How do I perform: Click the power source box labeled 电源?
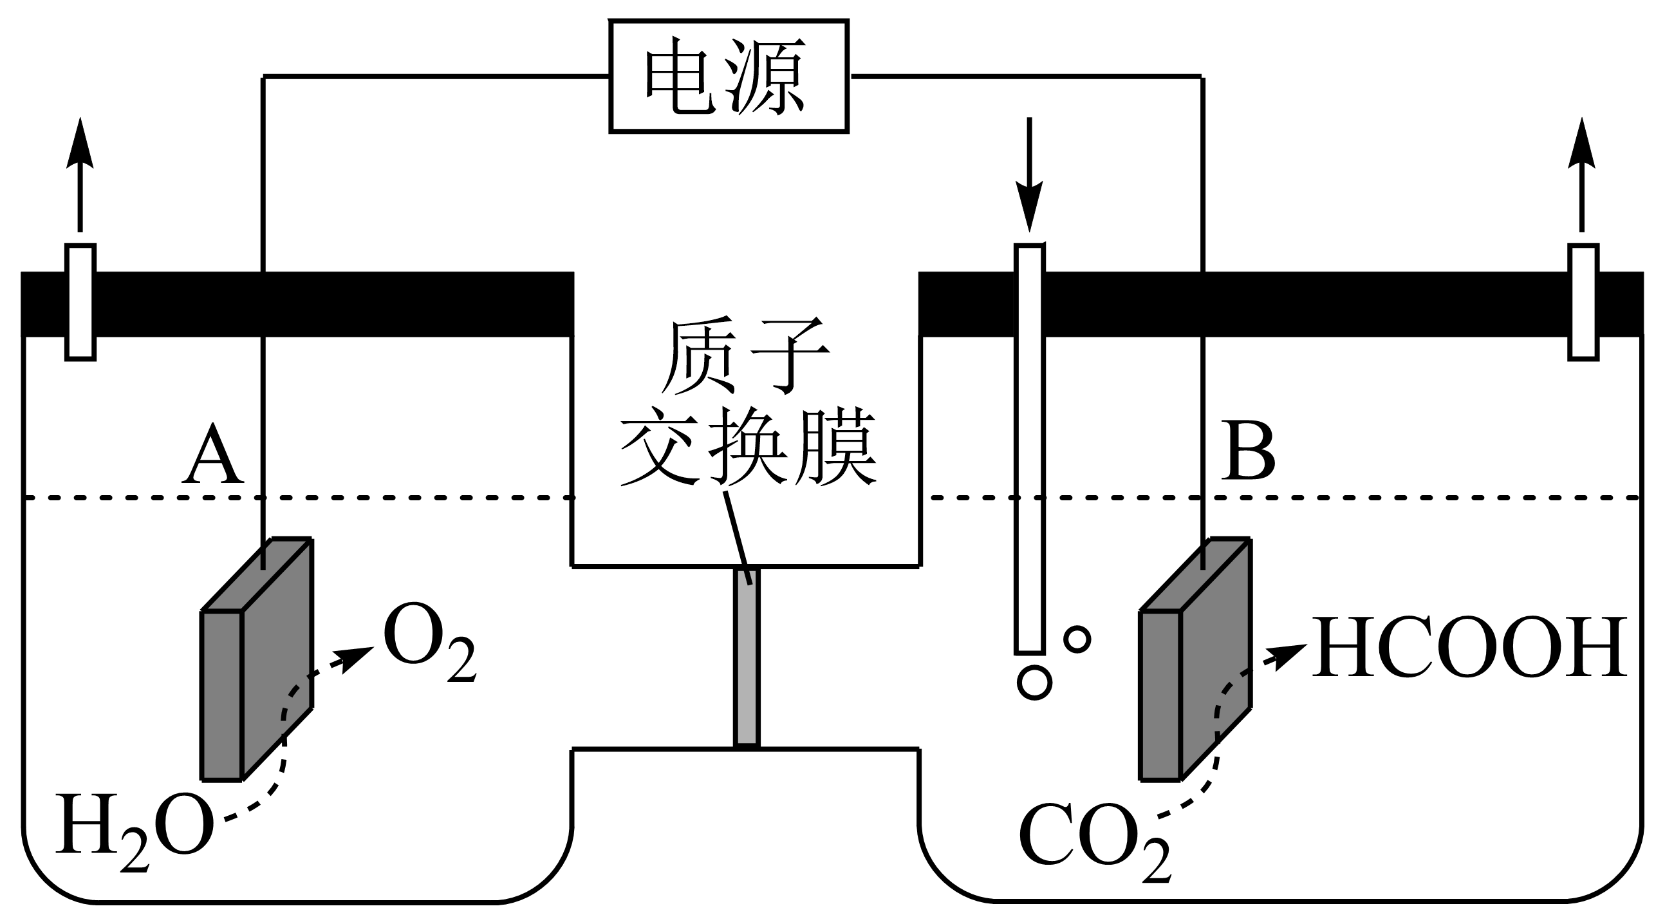(x=729, y=76)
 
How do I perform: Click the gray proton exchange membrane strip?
(x=746, y=657)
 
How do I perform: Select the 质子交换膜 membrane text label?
(x=747, y=401)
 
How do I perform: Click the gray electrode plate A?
(x=257, y=659)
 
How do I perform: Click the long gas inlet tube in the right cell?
(x=1029, y=446)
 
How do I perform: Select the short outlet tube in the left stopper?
(x=81, y=301)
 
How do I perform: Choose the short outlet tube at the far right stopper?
(x=1583, y=301)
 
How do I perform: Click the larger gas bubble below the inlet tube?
(x=1034, y=681)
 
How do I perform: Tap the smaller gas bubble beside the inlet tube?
(x=1077, y=639)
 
